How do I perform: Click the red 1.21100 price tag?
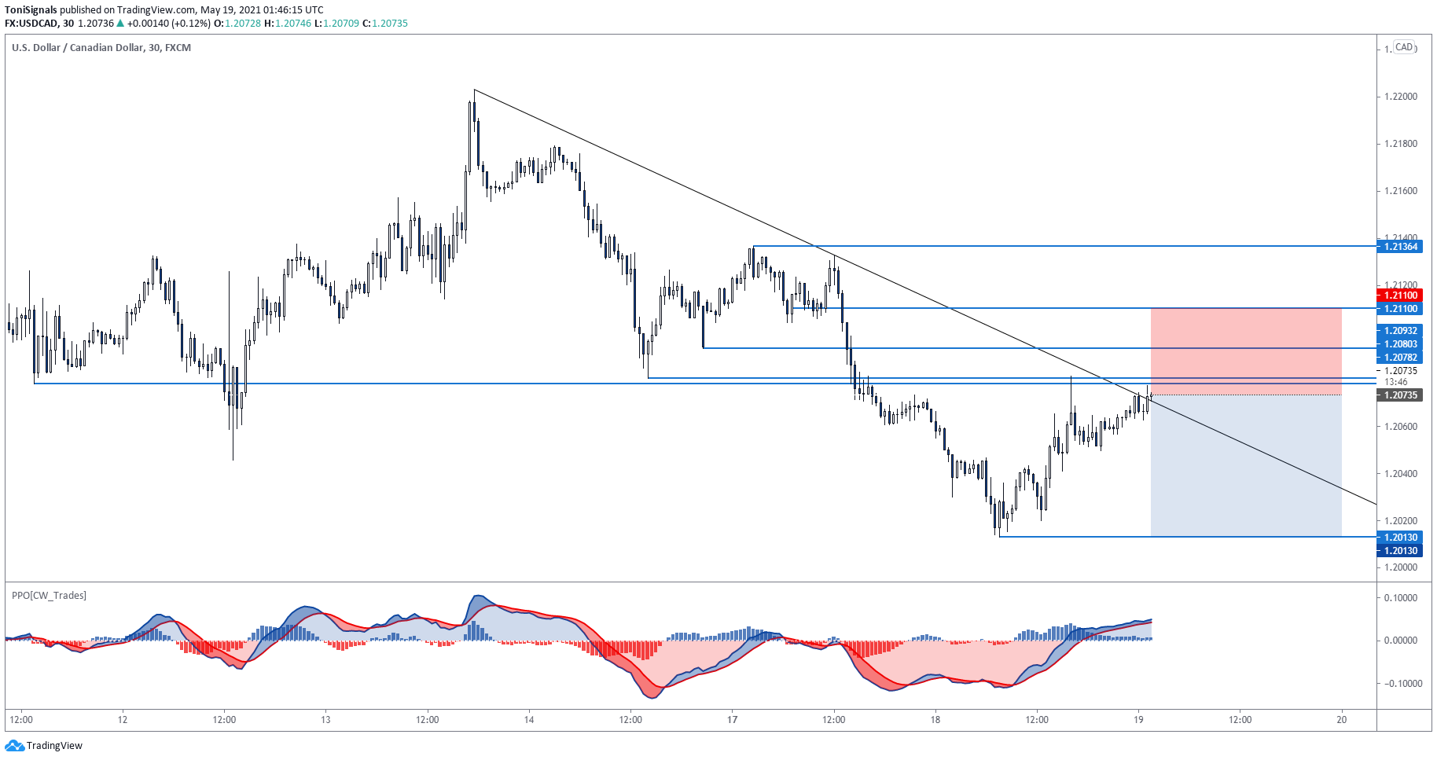pos(1400,296)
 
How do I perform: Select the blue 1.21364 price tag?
pos(1400,247)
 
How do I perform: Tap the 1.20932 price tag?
pos(1400,331)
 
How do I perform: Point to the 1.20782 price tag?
pos(1400,358)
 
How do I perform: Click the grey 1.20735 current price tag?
pos(1400,395)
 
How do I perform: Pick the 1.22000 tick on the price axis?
pos(1400,97)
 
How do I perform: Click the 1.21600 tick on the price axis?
pos(1400,191)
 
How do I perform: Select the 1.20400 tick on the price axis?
pos(1400,474)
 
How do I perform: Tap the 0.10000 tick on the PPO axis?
pos(1400,598)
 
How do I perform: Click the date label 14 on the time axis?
pos(529,719)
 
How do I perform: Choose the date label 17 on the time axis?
pos(732,719)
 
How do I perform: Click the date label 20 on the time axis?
pos(1342,719)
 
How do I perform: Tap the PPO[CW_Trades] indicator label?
pos(49,596)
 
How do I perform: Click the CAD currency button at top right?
pos(1404,47)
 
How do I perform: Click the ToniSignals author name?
pos(31,10)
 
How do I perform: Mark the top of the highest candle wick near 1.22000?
pos(474,90)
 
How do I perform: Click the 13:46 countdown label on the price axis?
pos(1395,382)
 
